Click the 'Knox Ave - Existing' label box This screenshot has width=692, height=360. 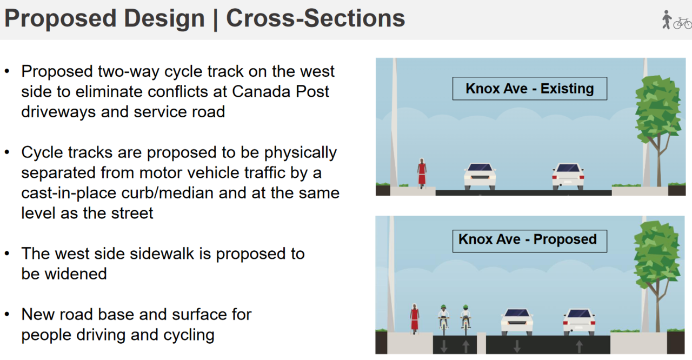click(x=529, y=89)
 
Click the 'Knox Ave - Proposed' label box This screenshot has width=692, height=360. click(x=529, y=241)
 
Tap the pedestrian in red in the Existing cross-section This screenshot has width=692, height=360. click(x=422, y=173)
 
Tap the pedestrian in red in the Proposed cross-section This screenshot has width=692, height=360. click(x=414, y=319)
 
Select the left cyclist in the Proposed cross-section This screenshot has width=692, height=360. click(x=444, y=320)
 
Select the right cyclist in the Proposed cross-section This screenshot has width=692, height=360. click(x=465, y=320)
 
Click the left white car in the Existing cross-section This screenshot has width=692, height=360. click(x=480, y=176)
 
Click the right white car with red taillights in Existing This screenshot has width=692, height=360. click(x=568, y=176)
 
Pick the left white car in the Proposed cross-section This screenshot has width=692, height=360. click(x=517, y=322)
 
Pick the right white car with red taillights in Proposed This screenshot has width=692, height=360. click(x=579, y=322)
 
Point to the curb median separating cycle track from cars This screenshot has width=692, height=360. click(x=481, y=343)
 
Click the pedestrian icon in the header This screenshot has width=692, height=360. click(x=667, y=20)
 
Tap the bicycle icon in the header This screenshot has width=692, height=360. click(x=683, y=23)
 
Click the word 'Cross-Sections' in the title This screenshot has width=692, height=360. click(x=315, y=18)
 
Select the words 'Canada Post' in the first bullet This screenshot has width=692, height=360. click(x=281, y=92)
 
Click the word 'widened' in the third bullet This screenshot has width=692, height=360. click(x=76, y=274)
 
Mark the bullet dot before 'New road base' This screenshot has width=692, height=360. click(x=7, y=315)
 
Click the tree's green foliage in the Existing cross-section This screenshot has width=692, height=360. click(x=658, y=110)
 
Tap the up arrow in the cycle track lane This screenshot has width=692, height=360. click(x=465, y=346)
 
